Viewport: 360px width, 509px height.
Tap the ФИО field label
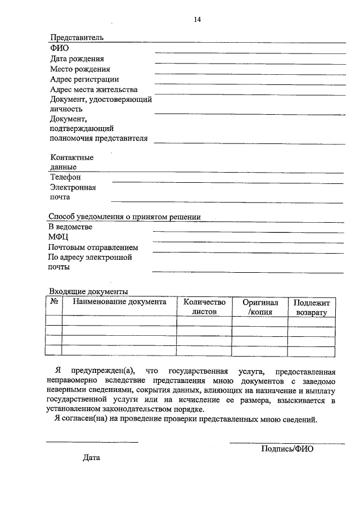[59, 48]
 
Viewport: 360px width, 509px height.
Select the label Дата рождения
[77, 58]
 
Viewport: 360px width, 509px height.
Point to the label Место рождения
[80, 69]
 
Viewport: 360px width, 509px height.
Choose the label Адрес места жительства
[93, 89]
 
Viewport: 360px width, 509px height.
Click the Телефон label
[65, 178]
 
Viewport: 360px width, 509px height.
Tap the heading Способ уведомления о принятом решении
[124, 217]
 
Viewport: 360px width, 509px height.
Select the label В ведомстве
[70, 227]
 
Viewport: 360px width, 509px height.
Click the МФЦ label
[59, 237]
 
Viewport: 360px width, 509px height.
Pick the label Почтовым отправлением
[93, 247]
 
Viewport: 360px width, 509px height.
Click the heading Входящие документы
[88, 291]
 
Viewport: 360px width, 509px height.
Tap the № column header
[55, 302]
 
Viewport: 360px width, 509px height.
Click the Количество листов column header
[204, 307]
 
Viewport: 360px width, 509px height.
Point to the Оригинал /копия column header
[260, 307]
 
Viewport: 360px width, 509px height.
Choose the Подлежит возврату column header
[311, 308]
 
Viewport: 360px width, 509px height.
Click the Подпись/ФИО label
[287, 449]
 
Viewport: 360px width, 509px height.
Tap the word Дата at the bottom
[91, 458]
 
